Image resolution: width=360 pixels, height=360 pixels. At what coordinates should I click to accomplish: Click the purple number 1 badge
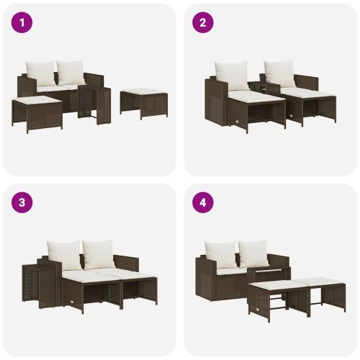[22, 22]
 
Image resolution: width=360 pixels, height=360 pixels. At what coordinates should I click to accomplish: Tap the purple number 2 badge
[202, 22]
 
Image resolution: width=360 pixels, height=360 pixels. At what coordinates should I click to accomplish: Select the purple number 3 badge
[22, 202]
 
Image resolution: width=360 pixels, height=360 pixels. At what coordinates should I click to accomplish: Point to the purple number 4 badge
[202, 202]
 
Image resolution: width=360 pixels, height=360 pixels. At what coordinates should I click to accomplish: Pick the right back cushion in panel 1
[70, 72]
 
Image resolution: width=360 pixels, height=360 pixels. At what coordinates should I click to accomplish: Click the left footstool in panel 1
[37, 112]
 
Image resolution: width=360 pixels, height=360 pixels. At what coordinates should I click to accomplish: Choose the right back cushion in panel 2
[278, 73]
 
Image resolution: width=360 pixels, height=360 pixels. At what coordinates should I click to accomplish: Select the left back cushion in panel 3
[65, 255]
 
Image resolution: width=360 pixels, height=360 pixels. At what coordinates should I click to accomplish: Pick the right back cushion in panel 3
[99, 253]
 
